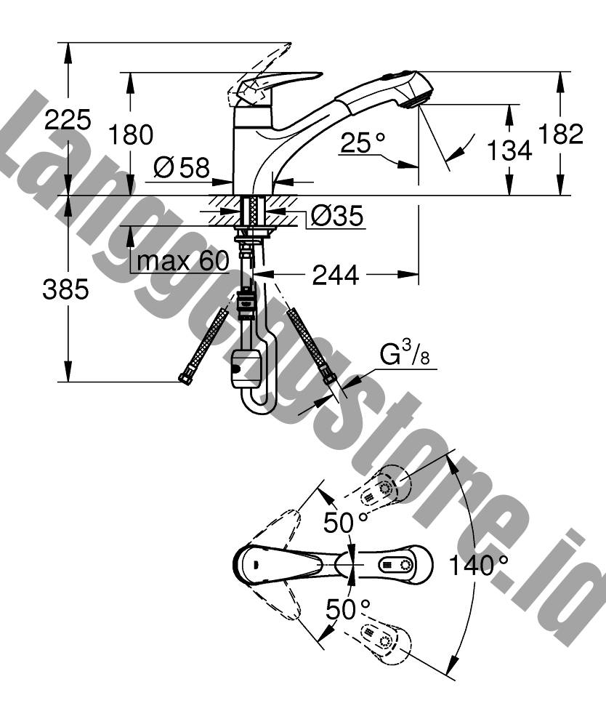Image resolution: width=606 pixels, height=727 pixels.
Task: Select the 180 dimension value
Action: click(x=130, y=134)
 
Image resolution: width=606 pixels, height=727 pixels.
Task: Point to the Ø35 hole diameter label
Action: click(x=337, y=215)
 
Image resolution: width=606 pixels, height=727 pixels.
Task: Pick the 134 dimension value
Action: click(x=509, y=150)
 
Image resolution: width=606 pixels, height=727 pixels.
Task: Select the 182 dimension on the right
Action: click(x=560, y=134)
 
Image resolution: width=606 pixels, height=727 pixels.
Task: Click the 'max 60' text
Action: click(x=183, y=261)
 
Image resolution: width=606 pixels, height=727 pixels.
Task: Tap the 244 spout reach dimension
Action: click(x=336, y=275)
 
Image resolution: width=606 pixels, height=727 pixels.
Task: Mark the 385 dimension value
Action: click(x=65, y=289)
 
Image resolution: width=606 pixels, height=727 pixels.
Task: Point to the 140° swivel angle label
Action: click(x=478, y=565)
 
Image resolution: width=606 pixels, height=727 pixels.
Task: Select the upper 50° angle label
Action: click(x=346, y=523)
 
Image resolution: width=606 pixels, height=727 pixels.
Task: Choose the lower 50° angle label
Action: click(x=348, y=608)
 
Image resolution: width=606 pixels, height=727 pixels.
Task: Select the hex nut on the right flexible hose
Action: click(x=329, y=376)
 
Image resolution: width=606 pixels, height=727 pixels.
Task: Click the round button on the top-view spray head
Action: click(x=406, y=566)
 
